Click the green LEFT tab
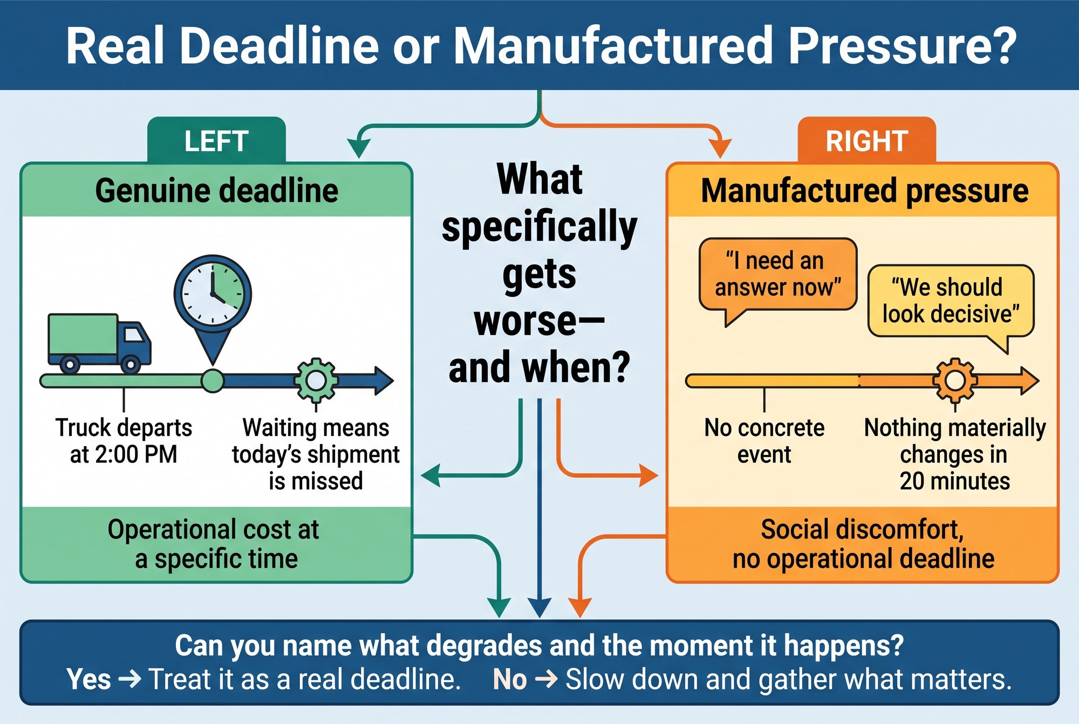(x=216, y=140)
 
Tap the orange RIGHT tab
(x=866, y=140)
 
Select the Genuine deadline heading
(x=217, y=190)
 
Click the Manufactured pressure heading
(x=865, y=191)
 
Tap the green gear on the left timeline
(x=316, y=381)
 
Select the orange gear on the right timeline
(x=955, y=381)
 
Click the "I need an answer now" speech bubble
(x=777, y=275)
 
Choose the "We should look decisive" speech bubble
(x=951, y=302)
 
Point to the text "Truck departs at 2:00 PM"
(x=124, y=441)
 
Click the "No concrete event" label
(x=764, y=441)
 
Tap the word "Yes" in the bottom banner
(x=89, y=679)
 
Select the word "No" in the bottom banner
(x=510, y=679)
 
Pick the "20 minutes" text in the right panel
(x=954, y=481)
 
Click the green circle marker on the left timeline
(x=213, y=381)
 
